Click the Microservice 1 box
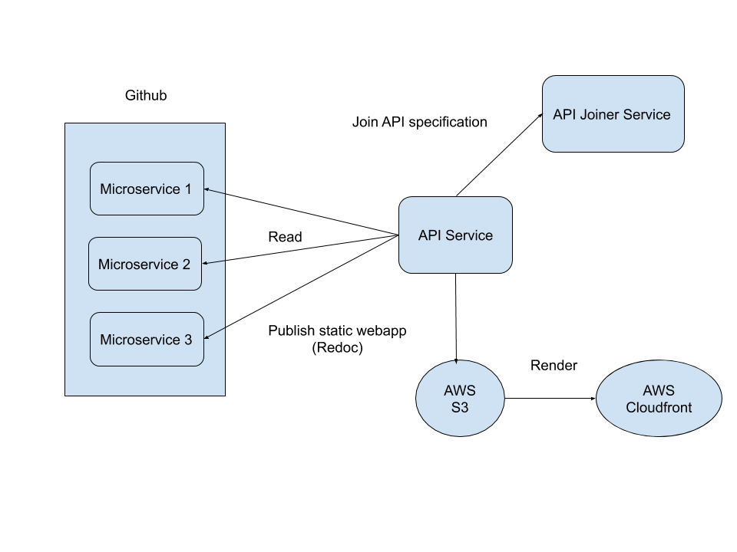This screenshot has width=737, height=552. coord(147,189)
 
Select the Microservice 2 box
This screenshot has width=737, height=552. coord(144,264)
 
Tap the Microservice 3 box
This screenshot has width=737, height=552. coord(147,339)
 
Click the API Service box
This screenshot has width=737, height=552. coord(455,235)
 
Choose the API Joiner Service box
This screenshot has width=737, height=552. coord(613,113)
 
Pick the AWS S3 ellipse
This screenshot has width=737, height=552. coord(459,399)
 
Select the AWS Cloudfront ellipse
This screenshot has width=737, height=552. coord(659,399)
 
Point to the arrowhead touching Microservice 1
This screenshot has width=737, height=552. coord(207,189)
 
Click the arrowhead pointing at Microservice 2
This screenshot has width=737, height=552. coord(205,264)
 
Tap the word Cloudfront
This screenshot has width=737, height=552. coord(659,407)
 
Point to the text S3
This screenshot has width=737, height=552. coord(459,407)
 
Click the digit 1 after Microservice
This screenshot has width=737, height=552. coord(187,189)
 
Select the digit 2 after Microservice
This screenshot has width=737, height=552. coord(186,264)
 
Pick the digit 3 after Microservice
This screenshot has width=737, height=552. coord(188,340)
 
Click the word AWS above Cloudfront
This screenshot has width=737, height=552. coord(659,390)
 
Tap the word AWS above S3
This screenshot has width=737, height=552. coord(459,390)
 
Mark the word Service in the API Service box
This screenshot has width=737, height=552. coord(468,235)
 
